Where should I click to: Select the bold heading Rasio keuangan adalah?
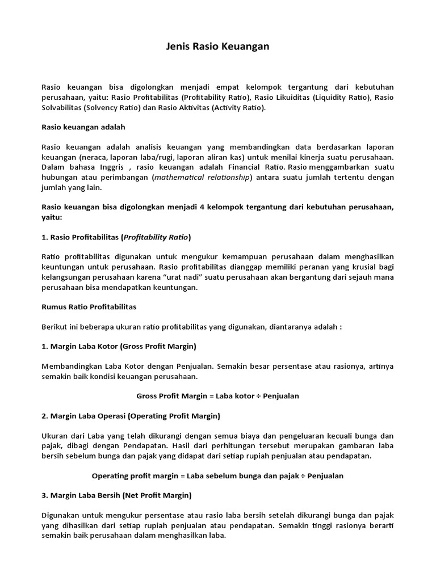[x=83, y=127]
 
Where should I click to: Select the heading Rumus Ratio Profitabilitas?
[x=89, y=306]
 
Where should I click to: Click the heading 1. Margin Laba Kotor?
[x=119, y=346]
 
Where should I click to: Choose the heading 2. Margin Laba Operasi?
[x=131, y=416]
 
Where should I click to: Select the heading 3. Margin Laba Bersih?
[x=116, y=495]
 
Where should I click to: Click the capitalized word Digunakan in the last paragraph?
[x=61, y=515]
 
